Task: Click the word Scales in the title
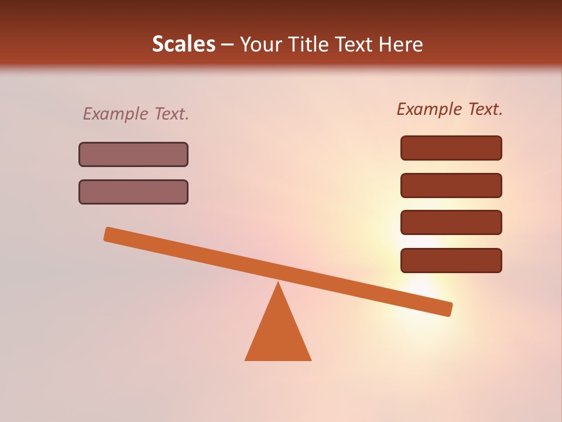(x=183, y=44)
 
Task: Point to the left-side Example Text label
(x=136, y=114)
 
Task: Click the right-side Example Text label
(x=450, y=109)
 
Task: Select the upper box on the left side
(x=133, y=154)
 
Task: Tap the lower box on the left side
(x=133, y=192)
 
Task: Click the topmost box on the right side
(x=451, y=148)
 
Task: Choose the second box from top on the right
(x=451, y=185)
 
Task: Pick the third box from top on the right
(x=451, y=223)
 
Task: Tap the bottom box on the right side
(x=451, y=260)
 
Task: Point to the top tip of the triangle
(x=278, y=284)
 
